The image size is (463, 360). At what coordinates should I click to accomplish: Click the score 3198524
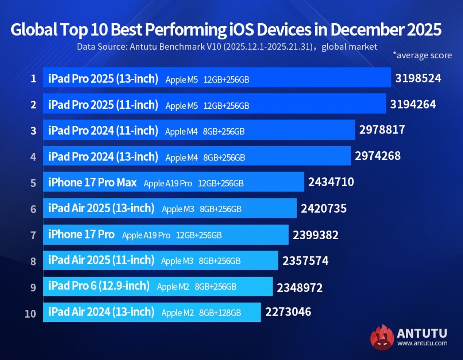point(418,79)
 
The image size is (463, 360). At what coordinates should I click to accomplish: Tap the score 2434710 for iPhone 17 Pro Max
point(331,182)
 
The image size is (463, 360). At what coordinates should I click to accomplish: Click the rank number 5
point(34,183)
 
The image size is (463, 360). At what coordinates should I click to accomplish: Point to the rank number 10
point(30,314)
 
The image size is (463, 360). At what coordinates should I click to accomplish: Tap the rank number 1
point(34,79)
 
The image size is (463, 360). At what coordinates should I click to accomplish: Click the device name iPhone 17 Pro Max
point(92,183)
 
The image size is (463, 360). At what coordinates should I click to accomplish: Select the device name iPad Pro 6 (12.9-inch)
point(99,286)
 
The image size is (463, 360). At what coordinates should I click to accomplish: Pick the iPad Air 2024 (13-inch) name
point(101,312)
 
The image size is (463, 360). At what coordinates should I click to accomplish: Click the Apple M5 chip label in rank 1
point(181,80)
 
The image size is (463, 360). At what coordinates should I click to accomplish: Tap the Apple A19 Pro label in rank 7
point(146,235)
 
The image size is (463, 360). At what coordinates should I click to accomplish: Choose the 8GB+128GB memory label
point(220,313)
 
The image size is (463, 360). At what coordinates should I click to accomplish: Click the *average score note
point(422,55)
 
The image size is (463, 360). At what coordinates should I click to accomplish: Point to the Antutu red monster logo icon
point(382,337)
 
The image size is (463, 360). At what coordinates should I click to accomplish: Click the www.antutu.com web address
point(422,343)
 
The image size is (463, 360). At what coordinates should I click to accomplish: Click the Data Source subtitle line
point(226,47)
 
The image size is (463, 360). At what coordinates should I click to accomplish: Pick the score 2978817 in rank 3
point(382,130)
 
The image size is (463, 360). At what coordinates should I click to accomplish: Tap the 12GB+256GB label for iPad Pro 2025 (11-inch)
point(226,106)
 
